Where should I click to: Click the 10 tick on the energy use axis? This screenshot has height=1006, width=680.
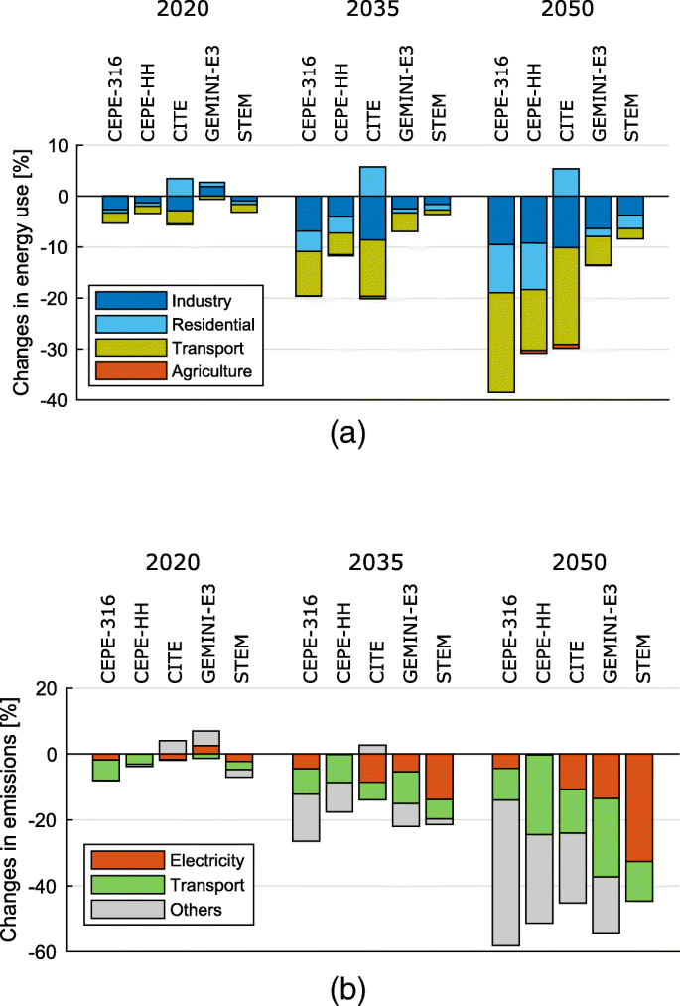[60, 145]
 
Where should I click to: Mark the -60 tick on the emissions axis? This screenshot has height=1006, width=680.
[52, 951]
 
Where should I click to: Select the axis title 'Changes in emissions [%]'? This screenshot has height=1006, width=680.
[13, 819]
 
